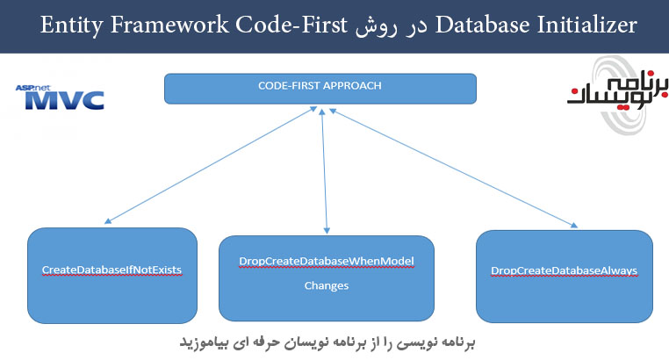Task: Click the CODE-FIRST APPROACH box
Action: pyautogui.click(x=320, y=89)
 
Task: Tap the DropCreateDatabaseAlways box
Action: pyautogui.click(x=564, y=274)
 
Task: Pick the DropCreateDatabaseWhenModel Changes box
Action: pyautogui.click(x=327, y=276)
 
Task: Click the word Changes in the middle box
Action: pyautogui.click(x=326, y=286)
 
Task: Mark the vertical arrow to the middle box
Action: pyautogui.click(x=325, y=171)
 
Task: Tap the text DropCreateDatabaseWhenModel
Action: pyautogui.click(x=326, y=263)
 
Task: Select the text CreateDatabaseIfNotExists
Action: pyautogui.click(x=112, y=269)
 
